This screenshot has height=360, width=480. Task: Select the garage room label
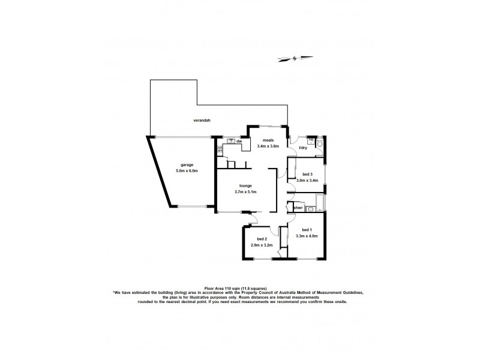(188, 164)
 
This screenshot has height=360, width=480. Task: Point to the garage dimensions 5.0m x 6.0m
(187, 171)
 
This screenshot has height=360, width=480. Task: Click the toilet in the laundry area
(320, 145)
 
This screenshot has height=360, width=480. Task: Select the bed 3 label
(307, 174)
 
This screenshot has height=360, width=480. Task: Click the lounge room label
(245, 186)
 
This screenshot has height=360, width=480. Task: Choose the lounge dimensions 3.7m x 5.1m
(245, 193)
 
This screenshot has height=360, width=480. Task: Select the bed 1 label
(307, 230)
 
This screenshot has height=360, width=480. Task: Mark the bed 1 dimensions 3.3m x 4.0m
(307, 236)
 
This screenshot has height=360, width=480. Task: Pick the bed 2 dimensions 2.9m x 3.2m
(262, 245)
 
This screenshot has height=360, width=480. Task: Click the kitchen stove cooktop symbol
(220, 148)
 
